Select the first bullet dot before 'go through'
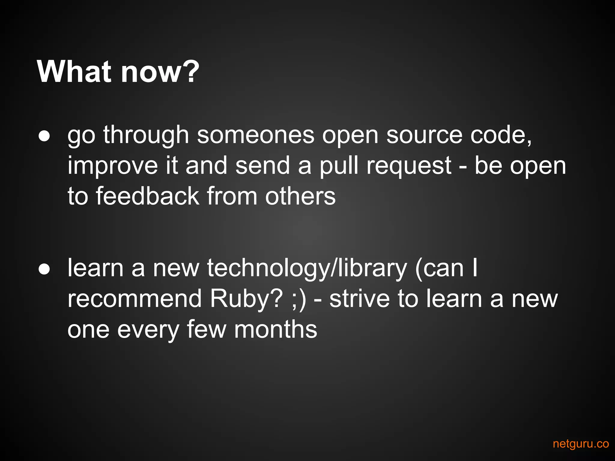pyautogui.click(x=44, y=136)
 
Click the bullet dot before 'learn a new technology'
pyautogui.click(x=44, y=269)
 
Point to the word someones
pyautogui.click(x=256, y=135)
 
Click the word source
pyautogui.click(x=424, y=135)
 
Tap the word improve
pyautogui.click(x=113, y=166)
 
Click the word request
pyautogui.click(x=409, y=166)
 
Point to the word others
pyautogui.click(x=300, y=196)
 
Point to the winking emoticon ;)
pyautogui.click(x=299, y=299)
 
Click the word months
pyautogui.click(x=276, y=329)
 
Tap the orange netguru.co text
pyautogui.click(x=580, y=444)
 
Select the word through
pyautogui.click(x=146, y=135)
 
